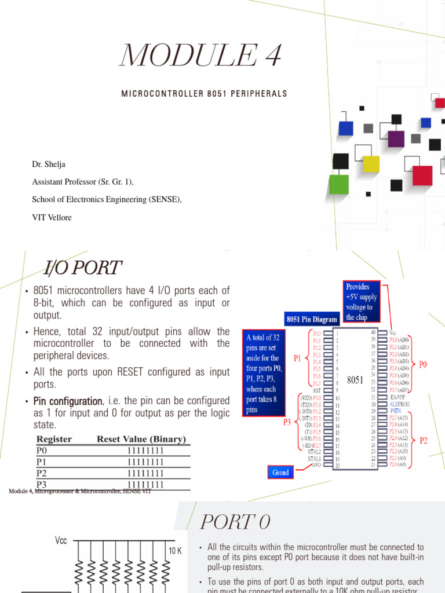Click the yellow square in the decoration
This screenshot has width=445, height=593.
370,164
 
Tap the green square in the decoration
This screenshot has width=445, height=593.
339,184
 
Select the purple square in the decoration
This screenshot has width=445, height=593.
396,139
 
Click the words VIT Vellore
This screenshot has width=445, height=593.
53,217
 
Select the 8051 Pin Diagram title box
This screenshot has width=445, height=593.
312,319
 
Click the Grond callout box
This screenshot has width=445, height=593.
280,472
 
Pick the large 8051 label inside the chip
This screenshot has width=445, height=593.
355,380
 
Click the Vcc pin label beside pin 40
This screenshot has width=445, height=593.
395,333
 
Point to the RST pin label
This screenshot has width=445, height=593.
317,390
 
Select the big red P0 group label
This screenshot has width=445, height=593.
422,364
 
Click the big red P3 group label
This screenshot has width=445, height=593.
287,422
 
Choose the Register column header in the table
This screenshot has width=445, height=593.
54,439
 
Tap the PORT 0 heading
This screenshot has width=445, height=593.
235,523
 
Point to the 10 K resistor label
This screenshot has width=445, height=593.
175,551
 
